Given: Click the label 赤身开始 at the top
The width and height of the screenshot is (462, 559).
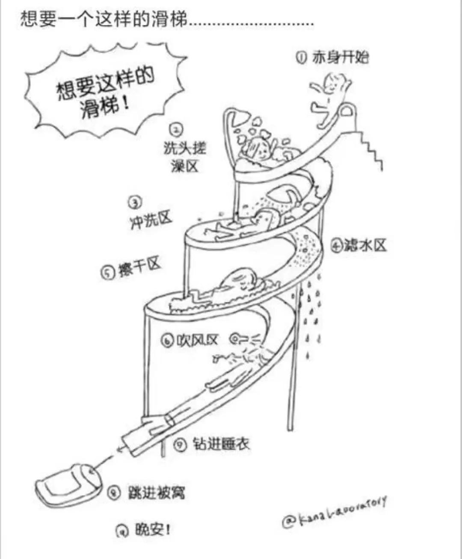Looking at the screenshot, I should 340,57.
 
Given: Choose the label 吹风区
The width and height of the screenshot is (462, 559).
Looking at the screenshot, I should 196,340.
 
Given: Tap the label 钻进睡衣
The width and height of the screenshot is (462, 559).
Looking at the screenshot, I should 220,444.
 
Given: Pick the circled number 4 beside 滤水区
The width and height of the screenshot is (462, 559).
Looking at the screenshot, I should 336,246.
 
